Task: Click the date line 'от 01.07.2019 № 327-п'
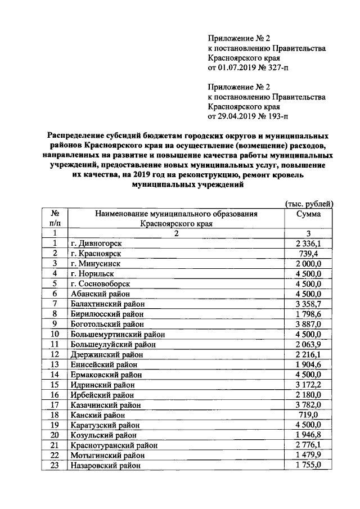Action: [247, 69]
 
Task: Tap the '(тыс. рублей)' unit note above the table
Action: [309, 203]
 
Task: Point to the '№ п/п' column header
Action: [55, 218]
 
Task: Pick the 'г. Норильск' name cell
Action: [93, 273]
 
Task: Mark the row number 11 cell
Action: [55, 344]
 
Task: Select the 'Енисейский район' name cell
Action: [103, 364]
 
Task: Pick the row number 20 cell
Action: [55, 435]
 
